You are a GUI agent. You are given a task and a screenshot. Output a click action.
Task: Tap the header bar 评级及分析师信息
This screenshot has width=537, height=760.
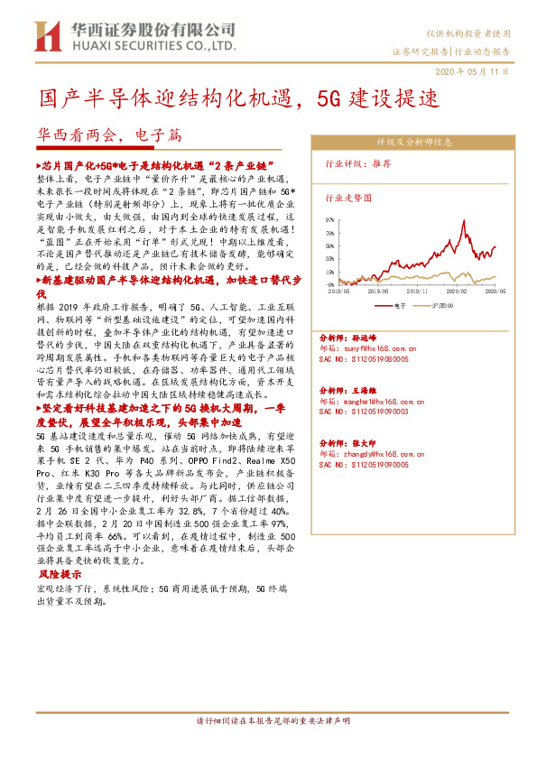click(x=414, y=142)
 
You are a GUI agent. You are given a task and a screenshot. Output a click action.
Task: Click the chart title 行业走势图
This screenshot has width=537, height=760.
click(x=347, y=196)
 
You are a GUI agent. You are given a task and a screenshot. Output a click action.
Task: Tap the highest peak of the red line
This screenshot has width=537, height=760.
click(x=450, y=221)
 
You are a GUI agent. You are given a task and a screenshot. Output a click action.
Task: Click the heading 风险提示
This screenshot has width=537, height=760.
click(x=60, y=572)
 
